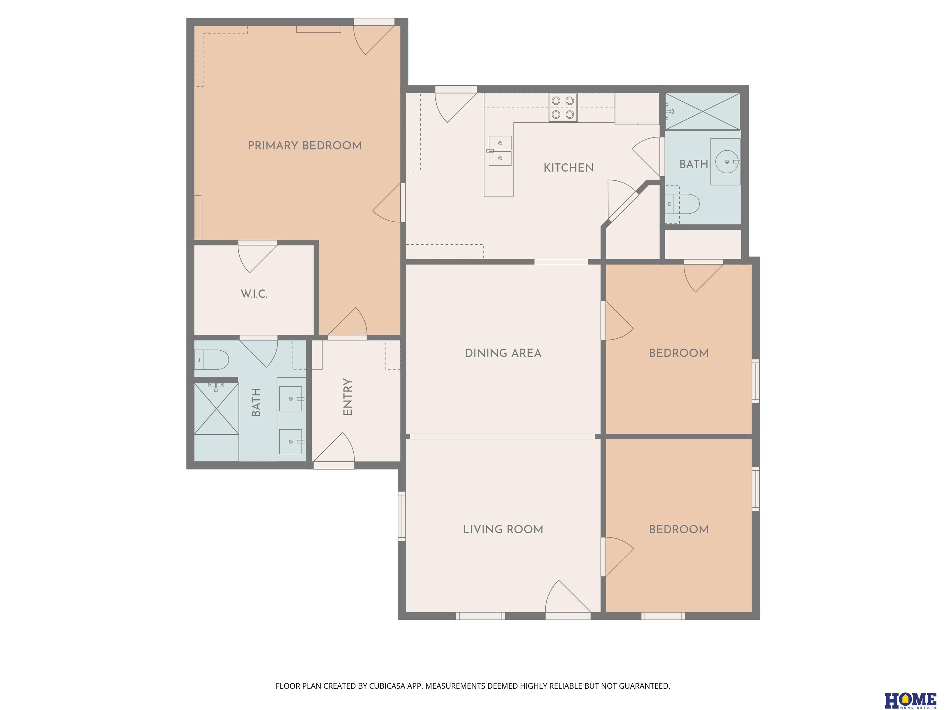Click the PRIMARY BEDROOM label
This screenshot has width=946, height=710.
point(305,145)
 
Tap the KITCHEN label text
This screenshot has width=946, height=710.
point(568,168)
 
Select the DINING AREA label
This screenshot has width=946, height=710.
point(503,353)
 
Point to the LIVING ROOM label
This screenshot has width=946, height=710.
point(503,529)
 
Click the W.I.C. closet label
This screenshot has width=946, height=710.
point(254,294)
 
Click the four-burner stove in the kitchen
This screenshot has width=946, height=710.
point(563,108)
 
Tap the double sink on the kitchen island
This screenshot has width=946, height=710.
point(499,151)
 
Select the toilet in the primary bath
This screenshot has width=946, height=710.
point(212,360)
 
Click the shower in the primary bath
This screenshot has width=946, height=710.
point(216,409)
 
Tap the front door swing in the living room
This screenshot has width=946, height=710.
point(568,597)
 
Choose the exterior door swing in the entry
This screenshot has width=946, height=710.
point(334,448)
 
